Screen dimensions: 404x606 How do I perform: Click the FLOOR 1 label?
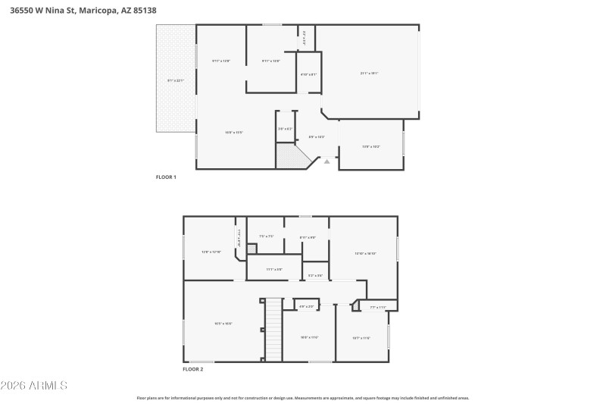coord(165,177)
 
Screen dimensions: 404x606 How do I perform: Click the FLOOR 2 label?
coord(192,369)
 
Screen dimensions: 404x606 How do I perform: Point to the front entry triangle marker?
coord(327,161)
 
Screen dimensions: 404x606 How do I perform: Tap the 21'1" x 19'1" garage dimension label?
coord(368,74)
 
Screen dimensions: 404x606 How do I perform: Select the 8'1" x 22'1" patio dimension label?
coord(175,80)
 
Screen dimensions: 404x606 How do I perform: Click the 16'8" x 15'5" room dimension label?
coord(233,133)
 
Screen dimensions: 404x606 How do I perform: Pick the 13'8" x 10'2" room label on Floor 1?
coord(370,146)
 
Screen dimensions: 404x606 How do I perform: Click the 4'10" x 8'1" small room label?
coord(308,74)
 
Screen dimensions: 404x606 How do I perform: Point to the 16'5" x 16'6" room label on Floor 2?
coord(223,324)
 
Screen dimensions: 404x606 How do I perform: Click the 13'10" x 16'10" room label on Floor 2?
coord(365,253)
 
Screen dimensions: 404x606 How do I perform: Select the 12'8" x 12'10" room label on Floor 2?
coord(211,252)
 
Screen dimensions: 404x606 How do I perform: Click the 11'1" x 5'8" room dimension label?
coord(273,269)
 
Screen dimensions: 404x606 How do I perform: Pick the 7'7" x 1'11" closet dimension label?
coord(378,307)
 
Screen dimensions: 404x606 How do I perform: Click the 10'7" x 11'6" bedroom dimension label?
coord(361,337)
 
